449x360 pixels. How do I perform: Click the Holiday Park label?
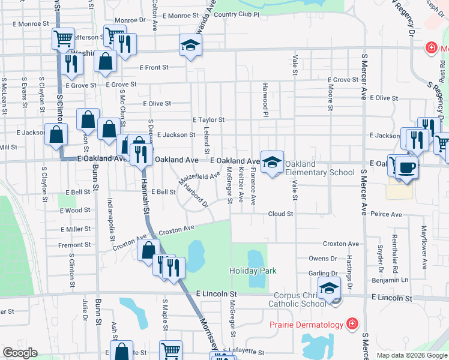253,271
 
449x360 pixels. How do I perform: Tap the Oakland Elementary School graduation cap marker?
272,163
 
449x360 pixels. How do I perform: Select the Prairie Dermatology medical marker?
351,325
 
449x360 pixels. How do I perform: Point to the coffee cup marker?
406,168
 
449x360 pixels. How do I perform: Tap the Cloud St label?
280,214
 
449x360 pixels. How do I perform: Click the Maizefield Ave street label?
199,178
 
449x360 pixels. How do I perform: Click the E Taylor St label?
208,119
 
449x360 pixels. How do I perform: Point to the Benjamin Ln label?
394,280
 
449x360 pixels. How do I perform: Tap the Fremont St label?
74,245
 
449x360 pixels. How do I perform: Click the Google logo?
20,353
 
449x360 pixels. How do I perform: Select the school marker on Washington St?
190,46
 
